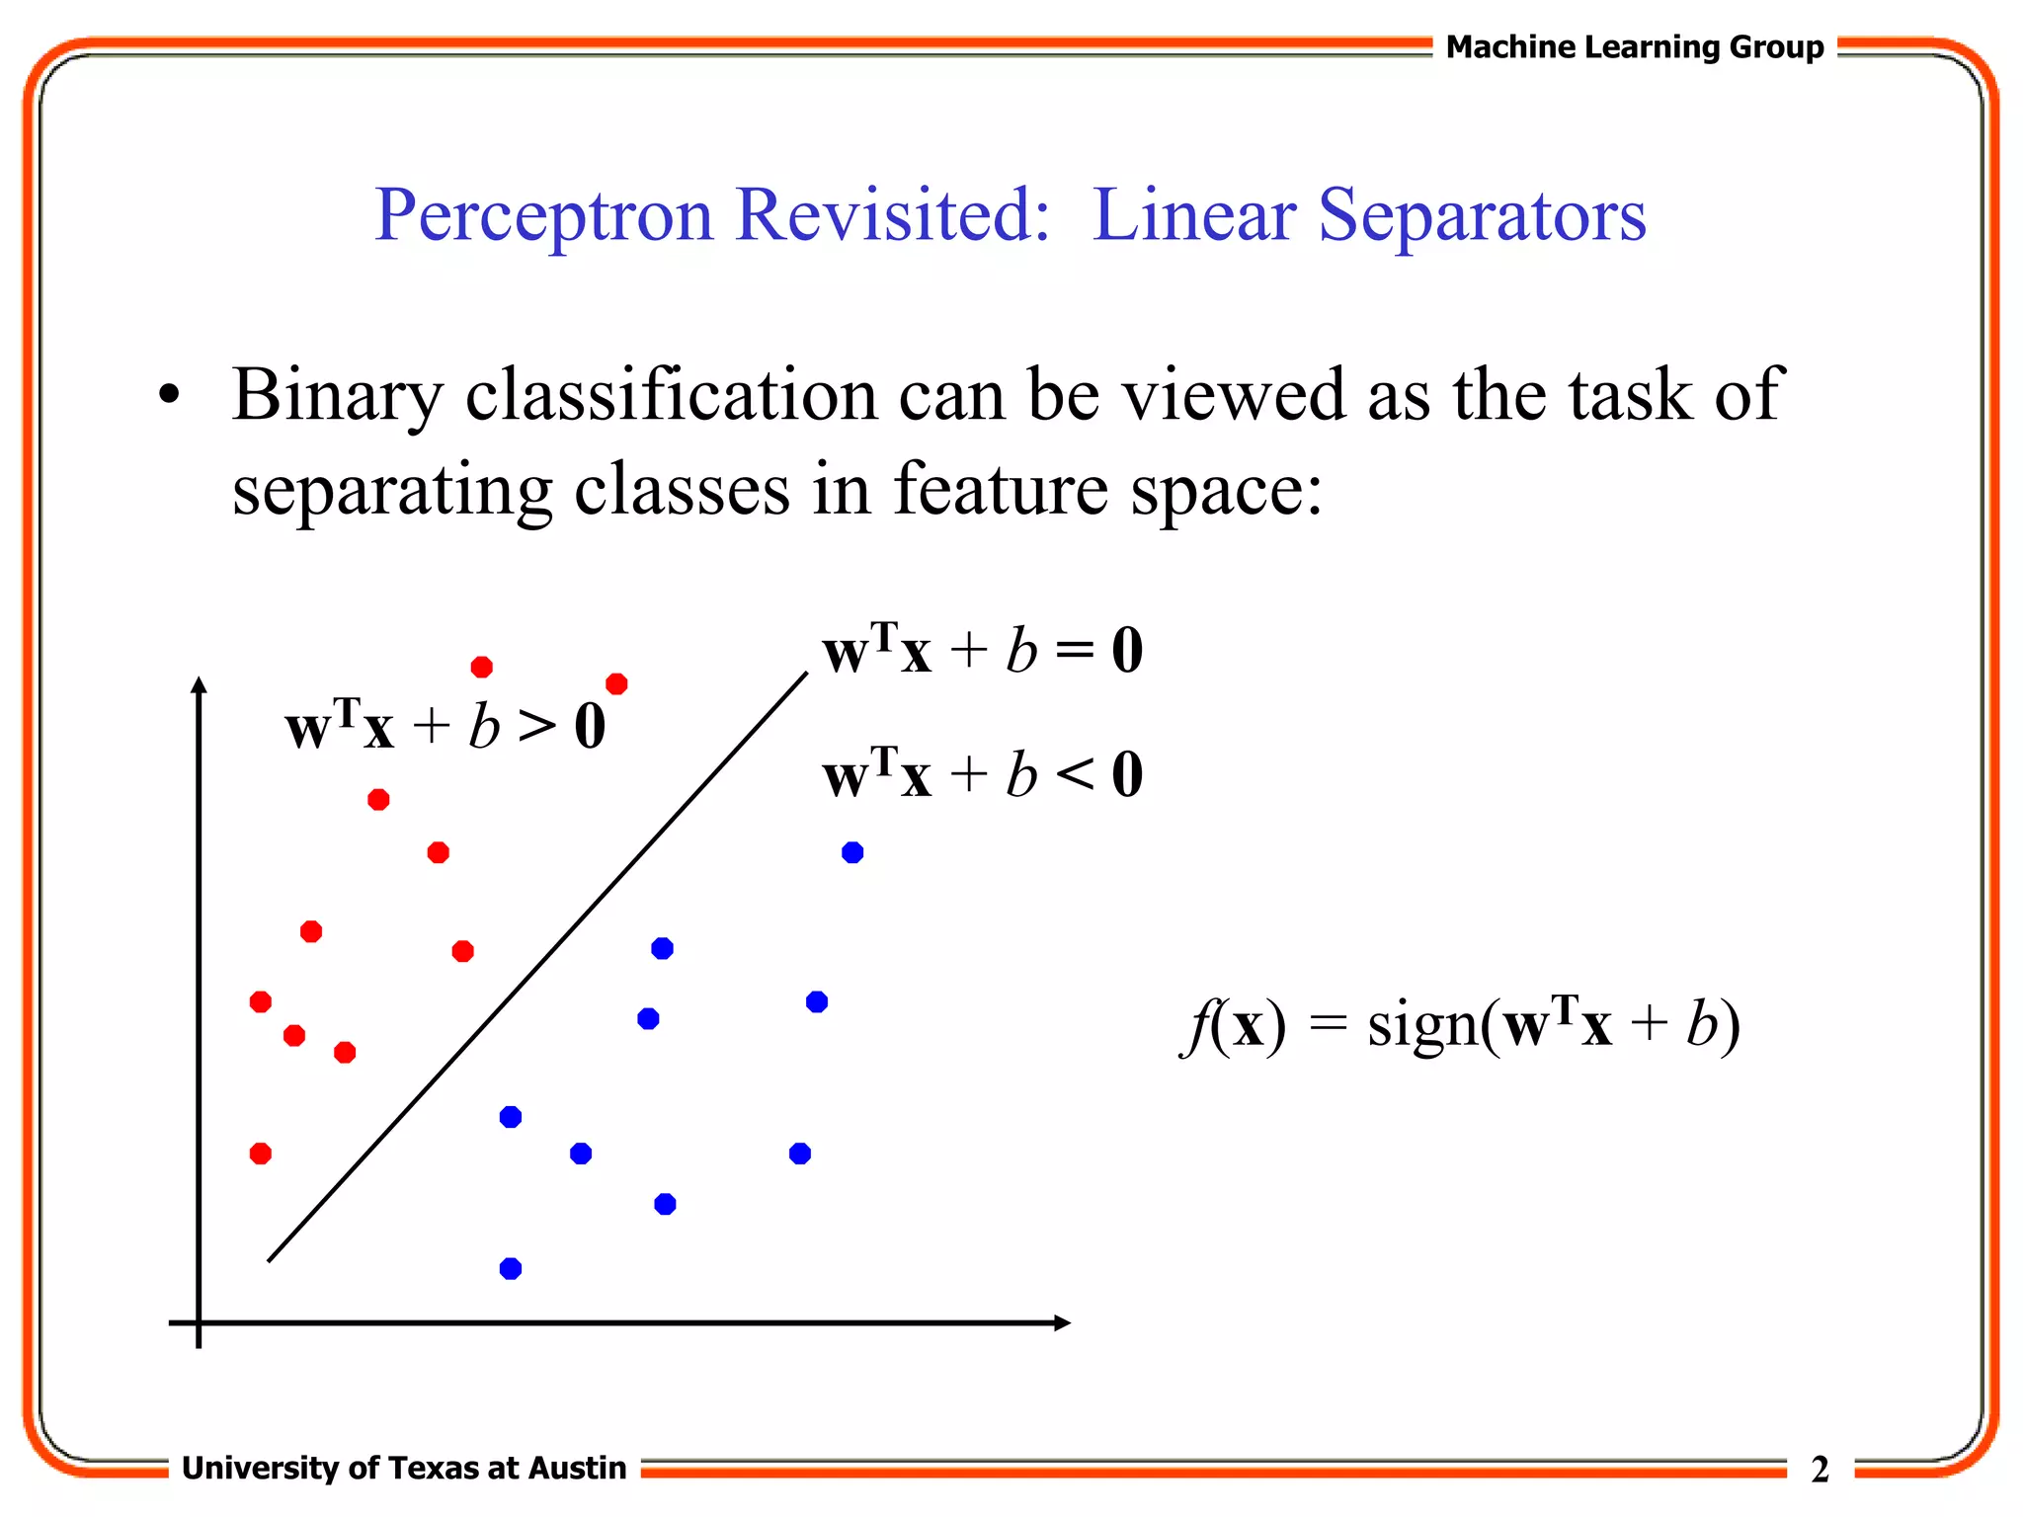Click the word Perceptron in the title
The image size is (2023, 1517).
543,215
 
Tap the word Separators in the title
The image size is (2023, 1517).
1482,215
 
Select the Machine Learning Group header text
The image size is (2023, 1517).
1634,47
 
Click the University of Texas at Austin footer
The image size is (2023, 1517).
404,1468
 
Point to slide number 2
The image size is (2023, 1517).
1820,1470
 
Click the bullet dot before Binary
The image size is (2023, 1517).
170,395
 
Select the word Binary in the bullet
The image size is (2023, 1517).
338,395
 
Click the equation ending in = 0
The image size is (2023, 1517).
982,651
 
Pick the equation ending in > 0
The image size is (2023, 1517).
445,727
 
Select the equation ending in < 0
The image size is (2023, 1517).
982,774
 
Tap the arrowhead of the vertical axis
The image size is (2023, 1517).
199,684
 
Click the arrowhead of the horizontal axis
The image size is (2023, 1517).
1062,1322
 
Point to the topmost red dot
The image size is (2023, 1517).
482,668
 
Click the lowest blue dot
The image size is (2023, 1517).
511,1268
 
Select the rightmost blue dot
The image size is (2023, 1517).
852,852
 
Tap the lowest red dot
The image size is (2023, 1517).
261,1154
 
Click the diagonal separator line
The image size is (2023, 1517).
538,967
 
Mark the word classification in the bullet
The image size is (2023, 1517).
671,395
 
